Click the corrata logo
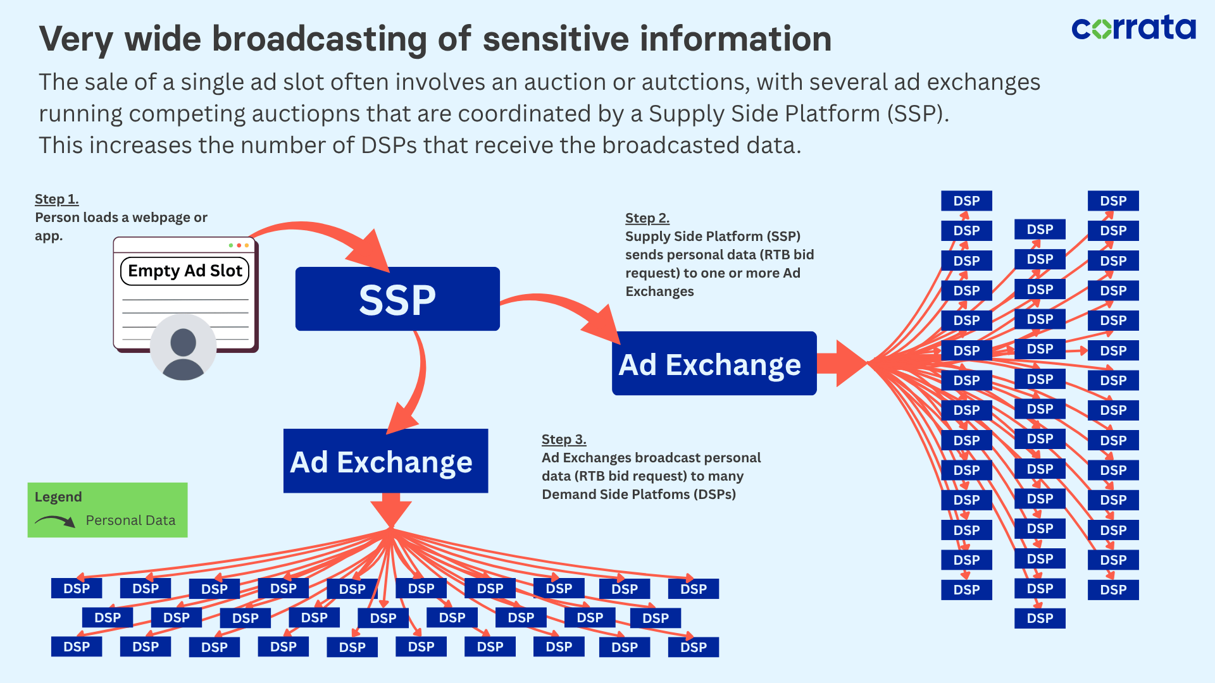click(1133, 28)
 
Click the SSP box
click(397, 299)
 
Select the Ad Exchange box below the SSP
click(385, 462)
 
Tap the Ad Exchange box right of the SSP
click(714, 364)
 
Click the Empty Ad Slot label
click(185, 271)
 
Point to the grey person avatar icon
click(183, 347)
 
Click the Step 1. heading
click(56, 199)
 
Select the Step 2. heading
click(647, 218)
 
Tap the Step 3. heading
click(563, 440)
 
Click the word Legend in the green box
click(58, 497)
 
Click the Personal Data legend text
click(130, 520)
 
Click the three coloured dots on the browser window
click(239, 245)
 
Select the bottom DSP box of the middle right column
click(1040, 618)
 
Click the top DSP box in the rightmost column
click(1113, 201)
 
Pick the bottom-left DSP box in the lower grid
click(77, 647)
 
